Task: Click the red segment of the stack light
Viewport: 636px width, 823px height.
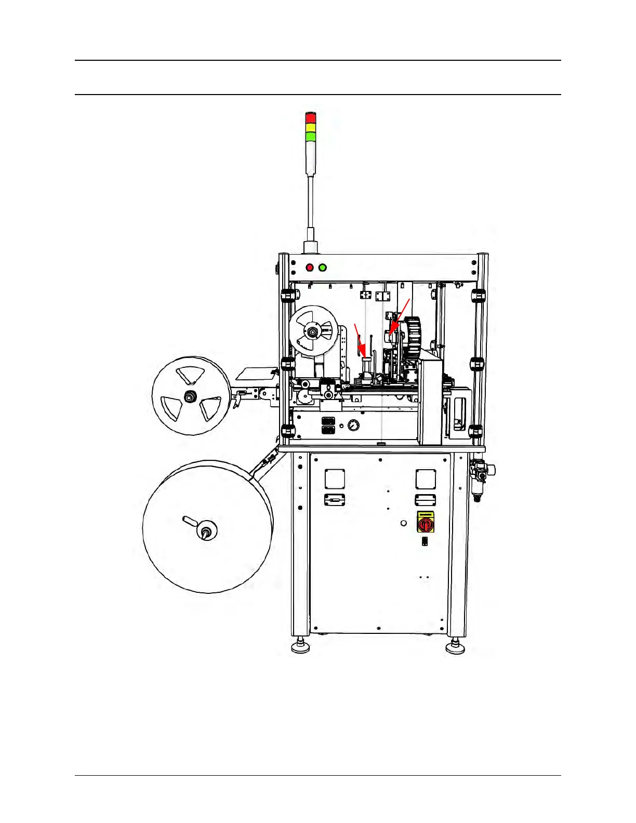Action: tap(311, 118)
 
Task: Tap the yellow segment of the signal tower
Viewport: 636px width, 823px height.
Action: tap(311, 127)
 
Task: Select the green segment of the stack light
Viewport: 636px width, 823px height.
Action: tap(311, 136)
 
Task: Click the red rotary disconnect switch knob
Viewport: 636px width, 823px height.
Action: tap(425, 524)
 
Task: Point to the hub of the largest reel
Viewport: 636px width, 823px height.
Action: tap(206, 531)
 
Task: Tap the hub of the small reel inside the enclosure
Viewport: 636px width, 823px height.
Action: tap(313, 331)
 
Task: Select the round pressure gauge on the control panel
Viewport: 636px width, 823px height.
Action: tap(353, 425)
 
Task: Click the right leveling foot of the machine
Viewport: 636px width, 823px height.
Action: tap(455, 647)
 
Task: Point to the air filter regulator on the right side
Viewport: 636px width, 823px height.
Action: tap(479, 475)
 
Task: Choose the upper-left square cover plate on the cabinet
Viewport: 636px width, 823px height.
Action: tap(335, 479)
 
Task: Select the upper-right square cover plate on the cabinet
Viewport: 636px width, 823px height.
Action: tap(425, 479)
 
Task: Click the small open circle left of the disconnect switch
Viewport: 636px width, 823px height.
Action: tap(404, 523)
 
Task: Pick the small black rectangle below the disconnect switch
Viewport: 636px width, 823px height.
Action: tap(425, 541)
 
